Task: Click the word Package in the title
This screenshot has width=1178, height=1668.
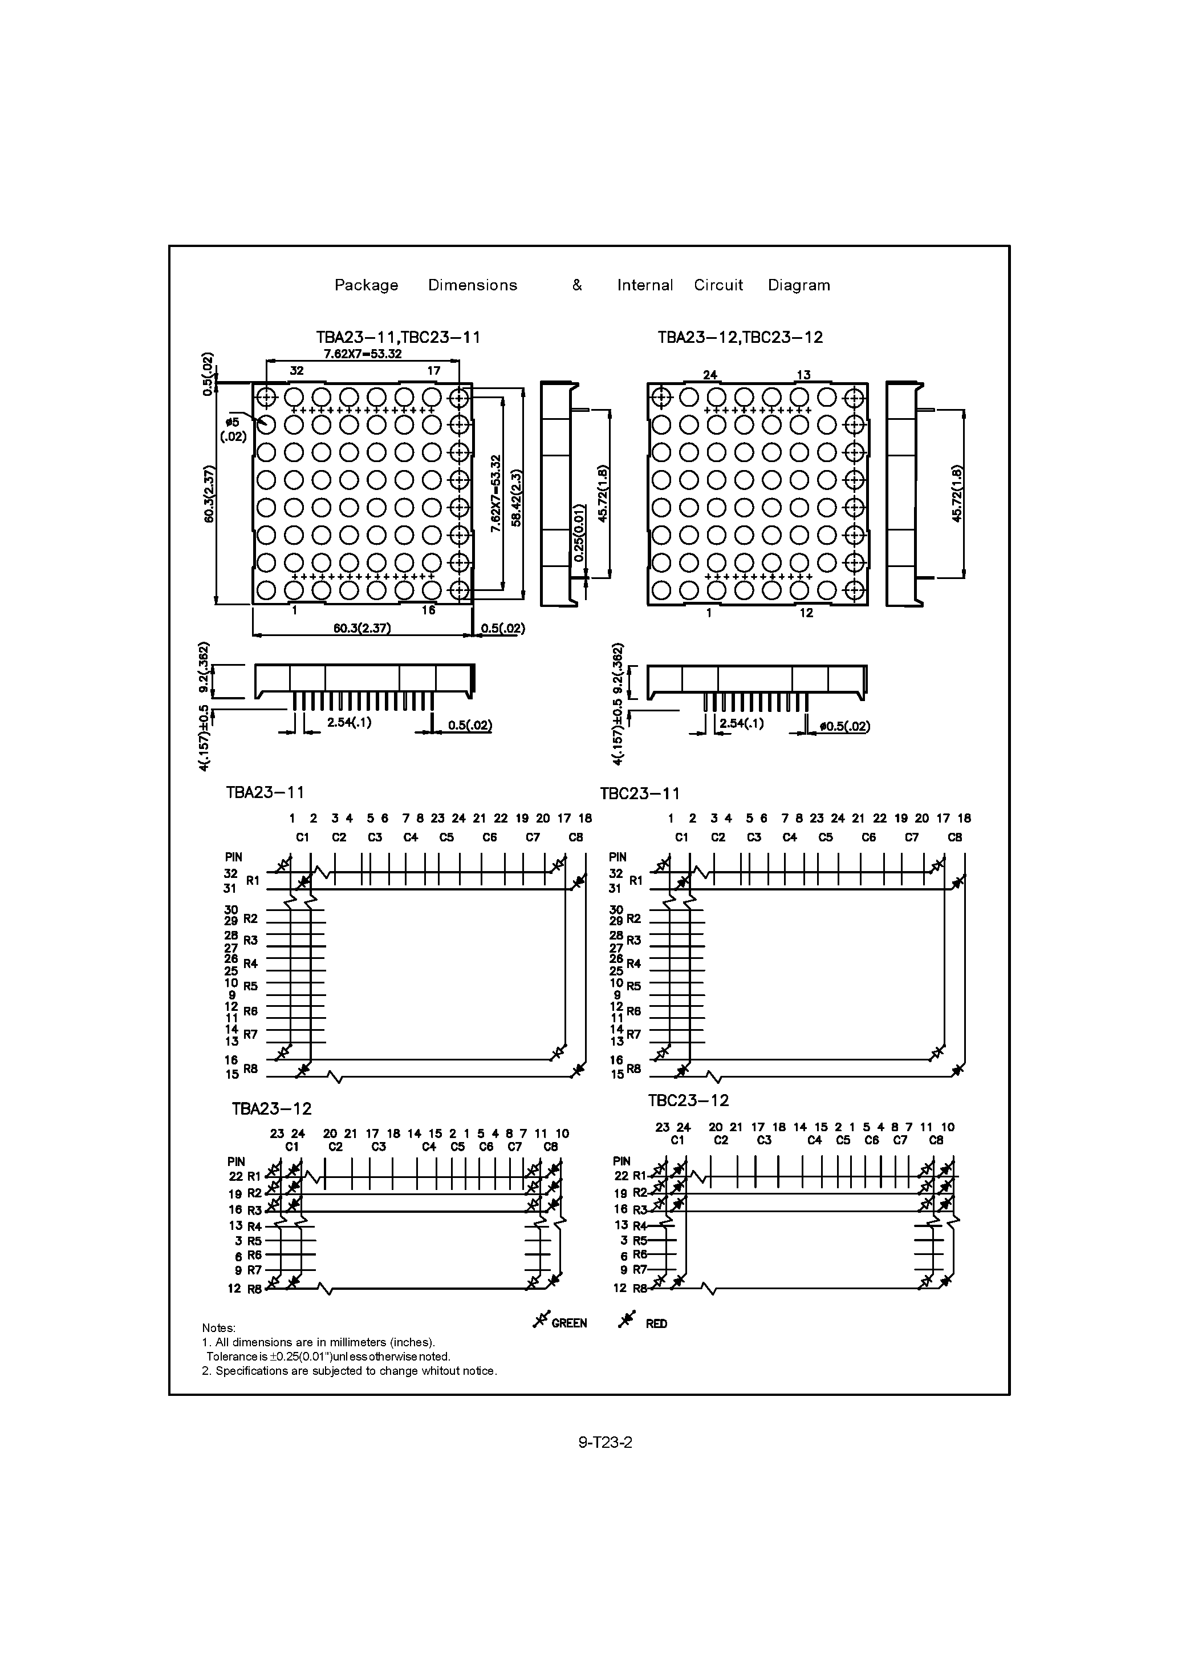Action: (x=366, y=285)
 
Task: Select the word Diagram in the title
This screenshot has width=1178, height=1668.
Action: (x=799, y=285)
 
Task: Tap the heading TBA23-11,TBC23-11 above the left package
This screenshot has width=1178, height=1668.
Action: (x=398, y=338)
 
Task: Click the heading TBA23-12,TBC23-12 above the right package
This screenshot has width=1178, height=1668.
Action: (x=740, y=338)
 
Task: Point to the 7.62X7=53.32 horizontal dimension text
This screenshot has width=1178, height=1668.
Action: (x=363, y=354)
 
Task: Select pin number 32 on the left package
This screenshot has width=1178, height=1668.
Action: (x=296, y=370)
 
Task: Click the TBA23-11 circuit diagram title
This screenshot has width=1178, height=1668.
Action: (x=265, y=792)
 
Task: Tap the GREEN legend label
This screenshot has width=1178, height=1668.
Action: (x=568, y=1323)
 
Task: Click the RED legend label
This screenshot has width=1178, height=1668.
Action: (x=656, y=1323)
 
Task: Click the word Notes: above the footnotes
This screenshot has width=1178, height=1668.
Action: (x=218, y=1329)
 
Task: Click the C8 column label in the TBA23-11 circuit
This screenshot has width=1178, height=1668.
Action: (x=575, y=837)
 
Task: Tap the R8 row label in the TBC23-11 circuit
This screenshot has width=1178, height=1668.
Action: (x=634, y=1068)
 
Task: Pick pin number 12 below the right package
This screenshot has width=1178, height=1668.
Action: (x=806, y=613)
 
